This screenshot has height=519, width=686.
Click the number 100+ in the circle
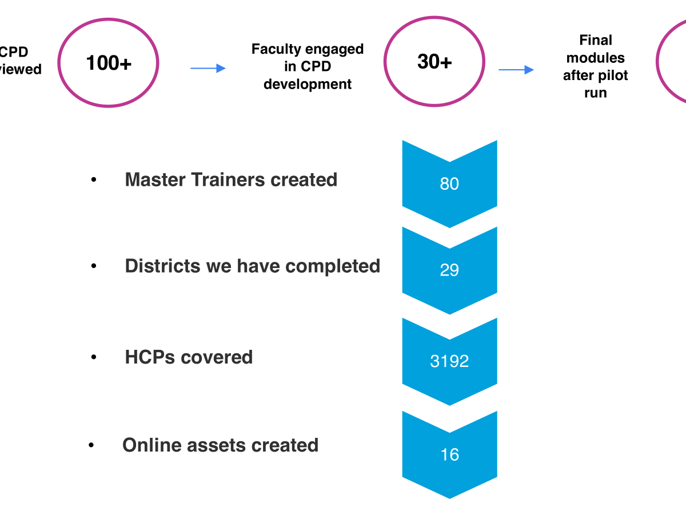click(109, 63)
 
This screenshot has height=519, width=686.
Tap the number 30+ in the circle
click(434, 62)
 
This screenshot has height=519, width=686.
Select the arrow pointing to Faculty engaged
click(208, 69)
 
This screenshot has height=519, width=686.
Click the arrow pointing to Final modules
click(516, 70)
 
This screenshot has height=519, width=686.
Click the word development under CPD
click(308, 85)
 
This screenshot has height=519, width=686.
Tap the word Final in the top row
click(596, 41)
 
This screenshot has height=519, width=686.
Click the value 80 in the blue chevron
click(449, 184)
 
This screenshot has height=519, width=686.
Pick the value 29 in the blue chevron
click(449, 270)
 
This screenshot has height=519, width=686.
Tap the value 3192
click(449, 361)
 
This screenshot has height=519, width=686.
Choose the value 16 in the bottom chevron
click(449, 454)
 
